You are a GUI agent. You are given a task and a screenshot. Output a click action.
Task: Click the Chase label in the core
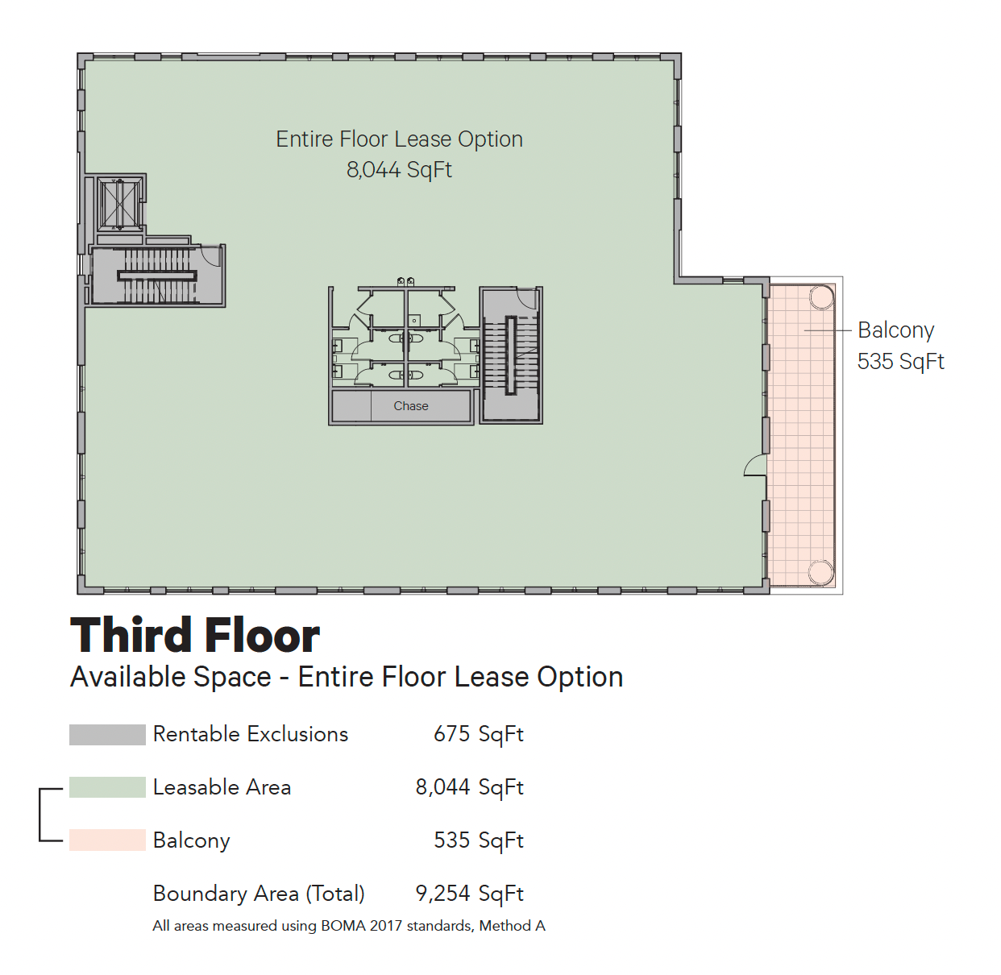[x=410, y=406]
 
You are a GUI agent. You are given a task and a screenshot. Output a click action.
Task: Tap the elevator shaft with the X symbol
[x=119, y=204]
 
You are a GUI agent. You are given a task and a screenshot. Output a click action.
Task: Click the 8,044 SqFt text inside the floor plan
[x=399, y=170]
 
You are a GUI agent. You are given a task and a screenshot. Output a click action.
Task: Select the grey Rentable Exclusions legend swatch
[x=107, y=734]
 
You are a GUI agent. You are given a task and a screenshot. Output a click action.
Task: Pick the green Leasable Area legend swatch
[x=107, y=787]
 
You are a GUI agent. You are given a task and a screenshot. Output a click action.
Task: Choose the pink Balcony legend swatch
[x=107, y=840]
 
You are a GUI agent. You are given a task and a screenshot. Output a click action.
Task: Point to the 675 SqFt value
[x=479, y=734]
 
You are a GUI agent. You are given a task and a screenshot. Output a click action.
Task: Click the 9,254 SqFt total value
[x=470, y=894]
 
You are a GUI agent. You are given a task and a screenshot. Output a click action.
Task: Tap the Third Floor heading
[x=195, y=635]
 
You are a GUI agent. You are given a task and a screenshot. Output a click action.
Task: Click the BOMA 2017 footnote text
[x=349, y=926]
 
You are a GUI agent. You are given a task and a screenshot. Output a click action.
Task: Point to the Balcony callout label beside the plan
[x=901, y=346]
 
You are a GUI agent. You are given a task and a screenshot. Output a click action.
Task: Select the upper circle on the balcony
[x=821, y=297]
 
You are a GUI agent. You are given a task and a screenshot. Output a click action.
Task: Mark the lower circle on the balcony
[x=821, y=572]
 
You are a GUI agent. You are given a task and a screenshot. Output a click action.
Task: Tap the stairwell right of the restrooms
[x=511, y=355]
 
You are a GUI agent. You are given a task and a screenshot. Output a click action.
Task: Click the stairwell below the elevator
[x=158, y=276]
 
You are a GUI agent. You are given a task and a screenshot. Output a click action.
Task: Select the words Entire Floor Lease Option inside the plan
[x=399, y=139]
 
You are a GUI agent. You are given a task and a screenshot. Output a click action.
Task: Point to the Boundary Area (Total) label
[x=259, y=894]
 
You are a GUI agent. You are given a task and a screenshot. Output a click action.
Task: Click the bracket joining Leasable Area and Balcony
[x=40, y=815]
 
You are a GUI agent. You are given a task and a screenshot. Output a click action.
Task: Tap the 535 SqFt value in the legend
[x=479, y=840]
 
